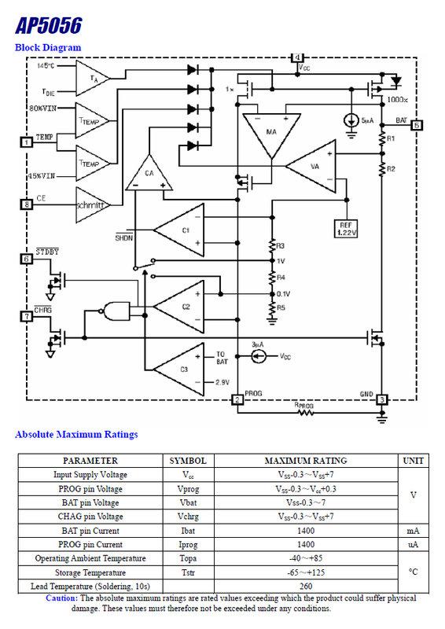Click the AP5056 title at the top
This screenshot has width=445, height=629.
[x=48, y=25]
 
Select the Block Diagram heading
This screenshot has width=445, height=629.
[x=48, y=48]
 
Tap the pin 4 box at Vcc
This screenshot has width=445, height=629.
[x=296, y=58]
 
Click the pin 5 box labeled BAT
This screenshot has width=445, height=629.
[x=417, y=124]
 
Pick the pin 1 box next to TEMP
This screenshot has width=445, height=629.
[x=27, y=142]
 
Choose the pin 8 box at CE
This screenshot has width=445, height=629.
[x=27, y=204]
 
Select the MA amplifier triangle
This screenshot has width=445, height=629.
[x=270, y=131]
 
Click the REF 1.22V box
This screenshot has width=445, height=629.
[x=348, y=227]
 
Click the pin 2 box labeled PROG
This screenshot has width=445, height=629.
[x=237, y=400]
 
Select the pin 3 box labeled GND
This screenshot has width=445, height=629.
[x=381, y=400]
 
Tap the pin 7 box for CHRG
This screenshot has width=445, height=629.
[x=27, y=316]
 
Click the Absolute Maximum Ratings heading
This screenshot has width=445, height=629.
[x=76, y=434]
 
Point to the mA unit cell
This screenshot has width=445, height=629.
[x=414, y=531]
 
